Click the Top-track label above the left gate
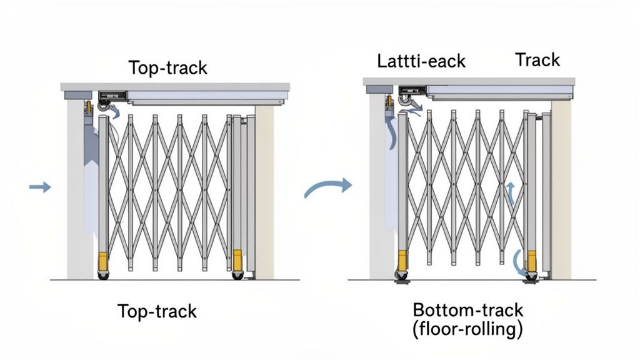(167, 67)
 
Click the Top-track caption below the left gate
(157, 311)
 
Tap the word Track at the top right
(537, 60)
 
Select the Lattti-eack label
(421, 61)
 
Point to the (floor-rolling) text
(467, 329)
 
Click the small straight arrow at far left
(40, 186)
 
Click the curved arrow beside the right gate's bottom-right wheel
(518, 262)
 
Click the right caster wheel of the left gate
(237, 274)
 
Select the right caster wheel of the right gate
(532, 275)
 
